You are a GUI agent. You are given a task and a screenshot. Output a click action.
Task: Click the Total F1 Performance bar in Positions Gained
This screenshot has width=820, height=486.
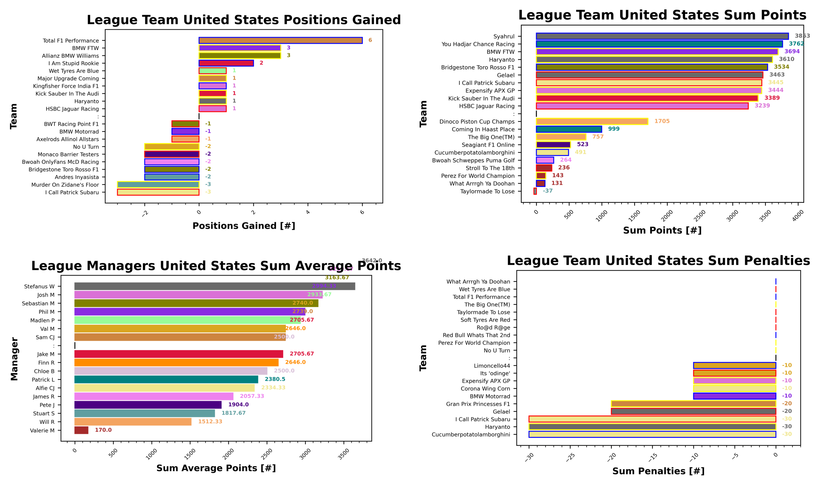[x=280, y=40]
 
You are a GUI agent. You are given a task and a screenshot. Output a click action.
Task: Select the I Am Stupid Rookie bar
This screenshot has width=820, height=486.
[x=226, y=63]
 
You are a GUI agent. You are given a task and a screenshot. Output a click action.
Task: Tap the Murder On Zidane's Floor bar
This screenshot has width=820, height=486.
[x=158, y=184]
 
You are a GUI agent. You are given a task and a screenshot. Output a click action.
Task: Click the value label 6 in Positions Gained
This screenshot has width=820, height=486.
[x=370, y=40]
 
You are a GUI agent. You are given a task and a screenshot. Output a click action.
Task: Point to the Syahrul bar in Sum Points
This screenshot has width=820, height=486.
[x=662, y=36]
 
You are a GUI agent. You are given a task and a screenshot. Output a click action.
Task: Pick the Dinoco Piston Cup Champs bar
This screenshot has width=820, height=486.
[x=592, y=121]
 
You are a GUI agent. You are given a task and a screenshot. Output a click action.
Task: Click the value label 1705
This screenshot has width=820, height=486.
[x=662, y=121]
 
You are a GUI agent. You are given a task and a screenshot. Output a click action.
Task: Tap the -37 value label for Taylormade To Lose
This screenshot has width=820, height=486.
[x=547, y=191]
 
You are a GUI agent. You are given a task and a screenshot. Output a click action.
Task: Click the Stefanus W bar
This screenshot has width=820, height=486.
[x=215, y=286]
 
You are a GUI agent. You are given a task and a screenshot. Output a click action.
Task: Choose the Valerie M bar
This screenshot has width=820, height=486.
[x=81, y=430]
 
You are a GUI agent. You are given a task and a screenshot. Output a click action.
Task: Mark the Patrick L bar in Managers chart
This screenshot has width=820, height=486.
[x=166, y=379]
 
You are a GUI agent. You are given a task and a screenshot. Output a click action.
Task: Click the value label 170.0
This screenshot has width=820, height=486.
[x=103, y=430]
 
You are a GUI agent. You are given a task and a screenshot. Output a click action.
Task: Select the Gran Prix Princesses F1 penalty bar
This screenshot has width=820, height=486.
[x=693, y=404]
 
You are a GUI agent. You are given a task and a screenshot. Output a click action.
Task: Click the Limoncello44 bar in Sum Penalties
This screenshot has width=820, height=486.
[x=734, y=366]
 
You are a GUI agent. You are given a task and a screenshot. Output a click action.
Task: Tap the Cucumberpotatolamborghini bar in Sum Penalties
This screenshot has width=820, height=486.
[x=652, y=434]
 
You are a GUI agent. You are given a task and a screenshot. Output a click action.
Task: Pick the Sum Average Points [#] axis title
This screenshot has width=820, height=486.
[x=216, y=468]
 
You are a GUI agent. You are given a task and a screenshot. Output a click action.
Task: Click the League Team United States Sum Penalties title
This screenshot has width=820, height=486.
[x=658, y=261]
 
